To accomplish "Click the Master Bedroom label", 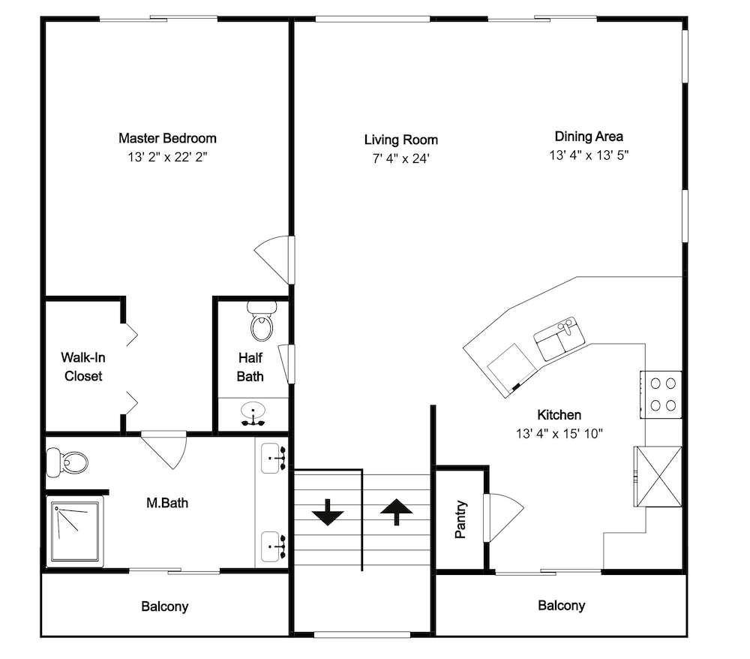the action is coord(167,138).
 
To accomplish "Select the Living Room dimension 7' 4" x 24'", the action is coord(400,158).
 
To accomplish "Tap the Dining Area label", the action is coord(589,137).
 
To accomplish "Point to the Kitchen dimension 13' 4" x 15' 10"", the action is coord(559,434).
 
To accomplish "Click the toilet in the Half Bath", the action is coord(261,320).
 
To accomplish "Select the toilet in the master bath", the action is coord(67,462).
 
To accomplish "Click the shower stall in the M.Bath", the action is coord(75,531).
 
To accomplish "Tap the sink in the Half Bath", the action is coord(253,414).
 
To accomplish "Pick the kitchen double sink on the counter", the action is coord(559,339).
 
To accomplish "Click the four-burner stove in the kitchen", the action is coord(661,395).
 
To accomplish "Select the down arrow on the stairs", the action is coord(328,513).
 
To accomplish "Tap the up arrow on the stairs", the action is coord(397,512).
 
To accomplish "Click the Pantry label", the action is coord(460,519).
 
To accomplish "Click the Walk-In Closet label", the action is coord(83,366).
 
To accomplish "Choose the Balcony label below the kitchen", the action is coord(562,606).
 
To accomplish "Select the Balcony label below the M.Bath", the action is coord(164,606).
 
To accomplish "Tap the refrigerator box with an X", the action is coord(658,476).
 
